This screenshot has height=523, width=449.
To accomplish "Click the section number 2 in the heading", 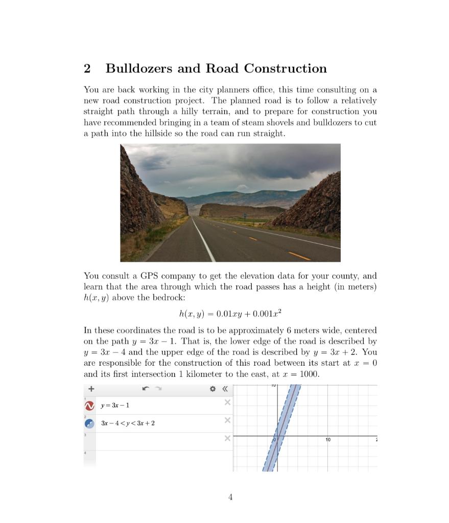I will [x=87, y=68].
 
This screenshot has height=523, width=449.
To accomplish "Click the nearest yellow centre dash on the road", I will [x=299, y=255].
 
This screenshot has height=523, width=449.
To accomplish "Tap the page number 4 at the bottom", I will [x=230, y=497].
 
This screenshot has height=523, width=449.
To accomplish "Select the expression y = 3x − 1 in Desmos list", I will [x=115, y=406].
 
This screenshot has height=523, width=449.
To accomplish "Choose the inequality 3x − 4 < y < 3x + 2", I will [x=128, y=423].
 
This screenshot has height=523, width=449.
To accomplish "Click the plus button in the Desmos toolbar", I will [x=91, y=389].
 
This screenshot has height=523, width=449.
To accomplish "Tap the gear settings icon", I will [x=213, y=389].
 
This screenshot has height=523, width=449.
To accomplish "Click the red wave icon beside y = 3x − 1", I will [x=89, y=406].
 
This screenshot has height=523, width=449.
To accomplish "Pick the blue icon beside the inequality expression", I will [x=89, y=423].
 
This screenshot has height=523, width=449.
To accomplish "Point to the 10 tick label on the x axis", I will [x=328, y=440].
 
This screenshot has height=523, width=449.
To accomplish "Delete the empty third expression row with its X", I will [x=227, y=439].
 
